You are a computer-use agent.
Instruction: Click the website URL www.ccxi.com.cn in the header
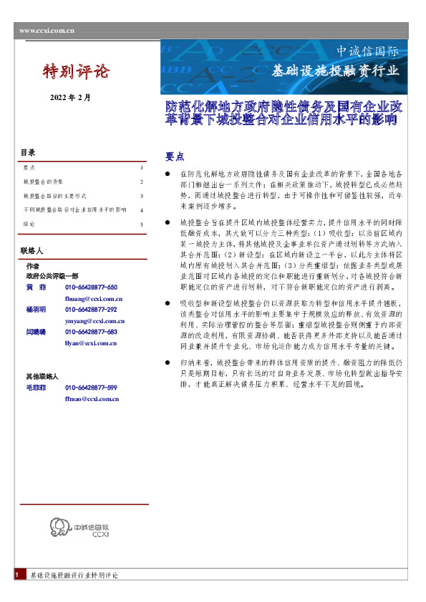pyautogui.click(x=47, y=31)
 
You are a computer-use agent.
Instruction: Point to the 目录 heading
pyautogui.click(x=28, y=152)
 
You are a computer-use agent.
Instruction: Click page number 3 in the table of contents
pyautogui.click(x=142, y=196)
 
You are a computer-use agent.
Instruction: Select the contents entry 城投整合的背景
pyautogui.click(x=43, y=182)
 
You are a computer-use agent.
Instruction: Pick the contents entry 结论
pyautogui.click(x=29, y=224)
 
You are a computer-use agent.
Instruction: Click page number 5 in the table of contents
pyautogui.click(x=142, y=224)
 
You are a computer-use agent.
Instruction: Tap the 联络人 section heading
pyautogui.click(x=32, y=252)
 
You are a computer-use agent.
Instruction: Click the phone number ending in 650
pyautogui.click(x=91, y=287)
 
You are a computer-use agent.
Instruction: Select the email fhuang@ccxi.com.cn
pyautogui.click(x=94, y=298)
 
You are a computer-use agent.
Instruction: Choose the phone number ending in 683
pyautogui.click(x=91, y=332)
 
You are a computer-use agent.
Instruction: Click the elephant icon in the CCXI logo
pyautogui.click(x=57, y=528)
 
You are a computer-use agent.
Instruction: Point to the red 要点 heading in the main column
pyautogui.click(x=175, y=156)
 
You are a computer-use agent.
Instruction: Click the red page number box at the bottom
pyautogui.click(x=16, y=575)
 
